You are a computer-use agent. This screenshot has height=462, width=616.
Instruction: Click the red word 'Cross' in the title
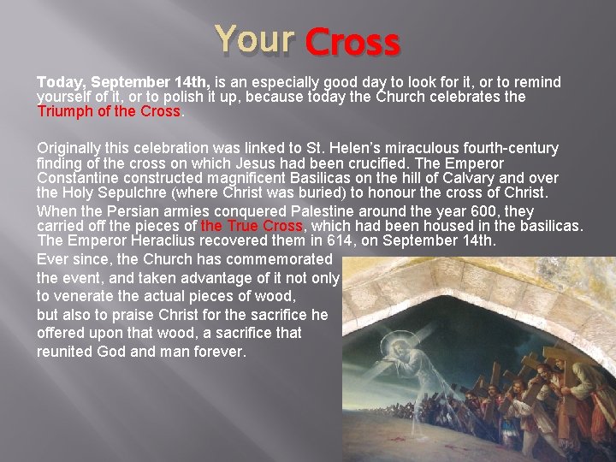coord(352,42)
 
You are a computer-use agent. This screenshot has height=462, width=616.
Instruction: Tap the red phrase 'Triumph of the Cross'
coord(109,111)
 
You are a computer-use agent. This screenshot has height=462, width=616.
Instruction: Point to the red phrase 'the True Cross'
coord(252,226)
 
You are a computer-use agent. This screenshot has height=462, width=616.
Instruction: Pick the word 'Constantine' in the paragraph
coord(74,177)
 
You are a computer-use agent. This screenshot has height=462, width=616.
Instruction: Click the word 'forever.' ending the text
coord(218,352)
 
